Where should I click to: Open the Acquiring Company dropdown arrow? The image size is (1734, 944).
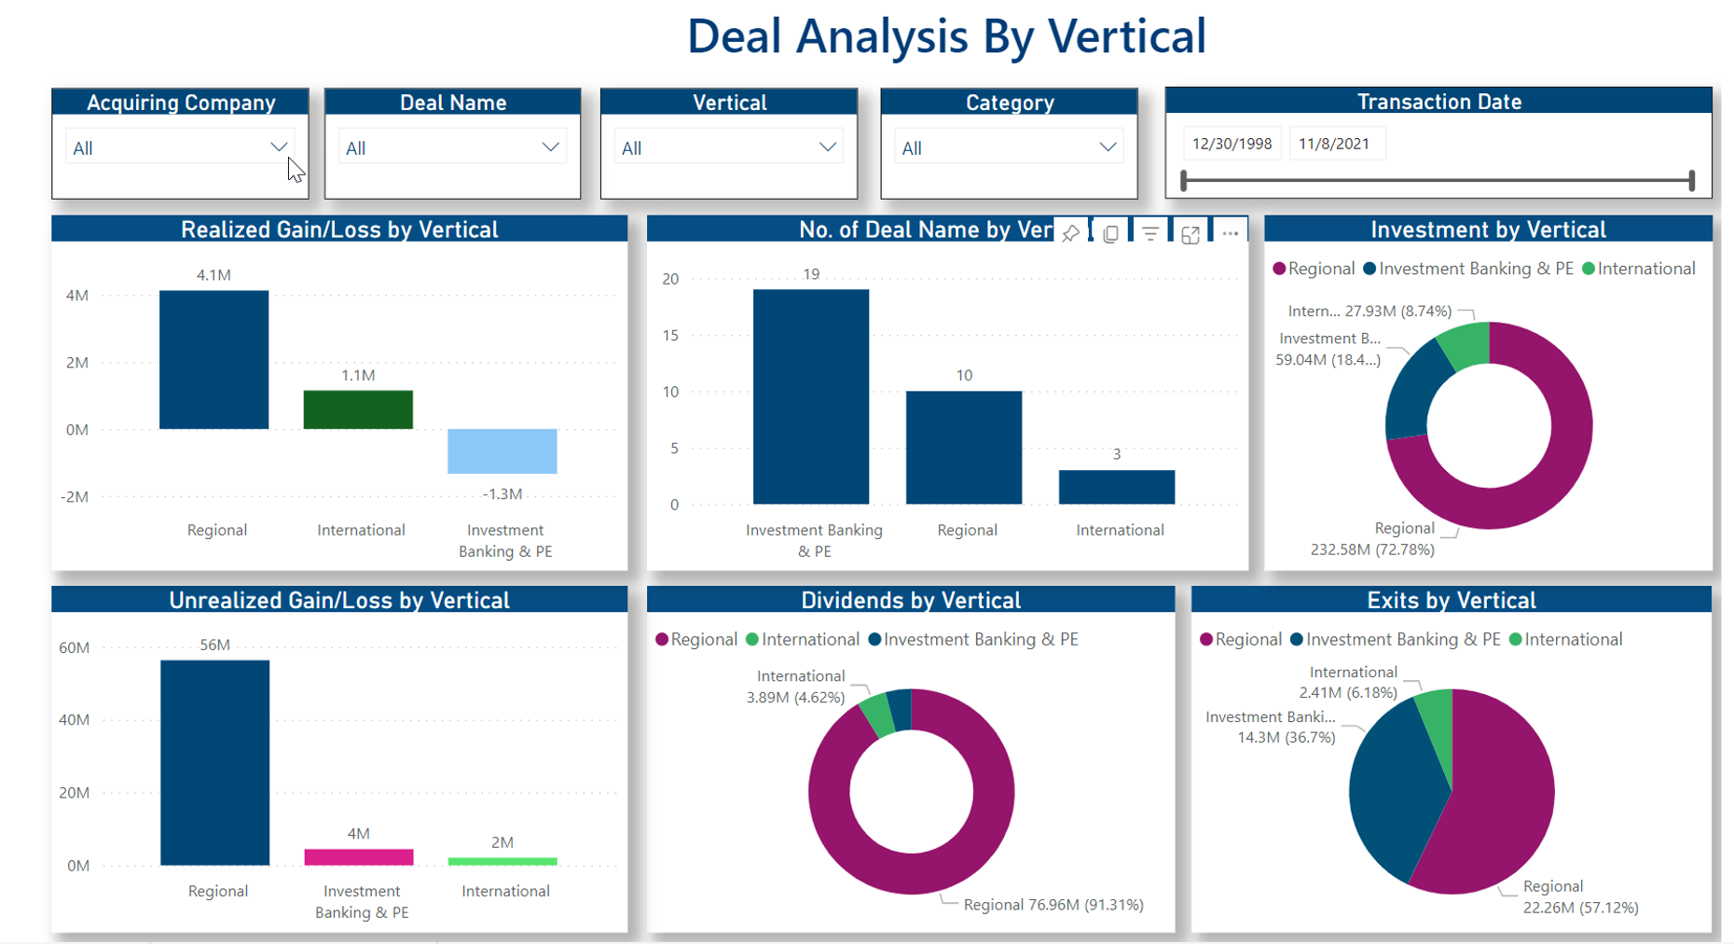[x=278, y=147]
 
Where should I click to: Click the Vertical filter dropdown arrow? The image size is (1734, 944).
[x=827, y=147]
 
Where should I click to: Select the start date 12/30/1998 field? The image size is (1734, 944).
[x=1232, y=144]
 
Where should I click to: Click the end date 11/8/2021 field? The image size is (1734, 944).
[x=1334, y=144]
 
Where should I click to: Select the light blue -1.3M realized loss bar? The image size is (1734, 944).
[x=502, y=451]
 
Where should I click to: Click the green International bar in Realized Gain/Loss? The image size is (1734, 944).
[x=358, y=410]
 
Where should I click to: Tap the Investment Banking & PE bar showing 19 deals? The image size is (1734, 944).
[x=810, y=396]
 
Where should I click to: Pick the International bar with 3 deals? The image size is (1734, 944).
[x=1116, y=487]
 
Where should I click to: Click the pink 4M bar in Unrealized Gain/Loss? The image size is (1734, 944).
[x=358, y=857]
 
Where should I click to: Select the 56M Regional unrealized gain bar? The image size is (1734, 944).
[x=214, y=762]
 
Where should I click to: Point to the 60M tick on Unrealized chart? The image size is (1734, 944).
[x=75, y=647]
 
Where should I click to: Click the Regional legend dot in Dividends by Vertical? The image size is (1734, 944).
[x=662, y=639]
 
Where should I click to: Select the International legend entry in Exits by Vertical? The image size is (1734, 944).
[x=1565, y=639]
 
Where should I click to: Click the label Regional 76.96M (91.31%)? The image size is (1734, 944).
[x=1053, y=905]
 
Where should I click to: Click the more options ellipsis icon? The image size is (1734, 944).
[x=1230, y=233]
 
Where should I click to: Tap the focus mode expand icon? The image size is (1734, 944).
[x=1190, y=234]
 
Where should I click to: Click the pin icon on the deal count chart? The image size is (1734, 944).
[x=1070, y=234]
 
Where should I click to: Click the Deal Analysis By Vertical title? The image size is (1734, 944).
[x=946, y=37]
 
